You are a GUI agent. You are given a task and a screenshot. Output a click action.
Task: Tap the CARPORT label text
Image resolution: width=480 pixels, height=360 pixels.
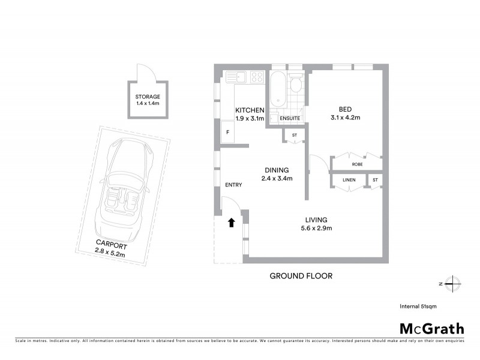(x=111, y=243)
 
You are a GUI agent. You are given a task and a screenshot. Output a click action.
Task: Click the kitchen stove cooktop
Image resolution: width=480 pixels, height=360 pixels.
(x=257, y=77)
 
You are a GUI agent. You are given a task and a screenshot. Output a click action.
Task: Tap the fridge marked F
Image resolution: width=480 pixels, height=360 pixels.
(x=227, y=132)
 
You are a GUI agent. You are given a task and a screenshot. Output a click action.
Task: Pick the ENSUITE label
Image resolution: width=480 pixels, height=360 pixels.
(x=290, y=118)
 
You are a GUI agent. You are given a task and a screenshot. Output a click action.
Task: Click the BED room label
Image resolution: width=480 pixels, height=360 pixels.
(x=345, y=109)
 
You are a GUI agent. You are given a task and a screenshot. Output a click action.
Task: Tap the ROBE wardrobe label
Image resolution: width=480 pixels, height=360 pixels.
(x=357, y=164)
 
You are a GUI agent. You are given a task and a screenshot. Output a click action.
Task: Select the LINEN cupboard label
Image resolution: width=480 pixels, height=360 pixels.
(x=349, y=180)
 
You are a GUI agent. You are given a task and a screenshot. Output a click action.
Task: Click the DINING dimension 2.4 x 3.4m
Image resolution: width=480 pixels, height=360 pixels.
(x=277, y=178)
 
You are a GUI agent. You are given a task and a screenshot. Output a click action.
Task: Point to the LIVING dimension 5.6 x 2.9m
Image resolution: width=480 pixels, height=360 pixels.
(x=316, y=228)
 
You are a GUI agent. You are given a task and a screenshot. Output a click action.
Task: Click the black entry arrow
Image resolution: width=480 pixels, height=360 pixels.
(x=231, y=223)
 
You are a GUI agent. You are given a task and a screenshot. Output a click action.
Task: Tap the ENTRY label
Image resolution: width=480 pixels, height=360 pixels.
(x=233, y=185)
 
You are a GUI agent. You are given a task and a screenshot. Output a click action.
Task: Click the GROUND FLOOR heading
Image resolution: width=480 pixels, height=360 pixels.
(x=301, y=276)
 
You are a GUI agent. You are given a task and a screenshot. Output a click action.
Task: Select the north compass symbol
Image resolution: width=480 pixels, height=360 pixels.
(x=454, y=283)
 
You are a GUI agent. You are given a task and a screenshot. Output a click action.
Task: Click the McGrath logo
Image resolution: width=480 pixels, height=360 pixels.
(x=432, y=328)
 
